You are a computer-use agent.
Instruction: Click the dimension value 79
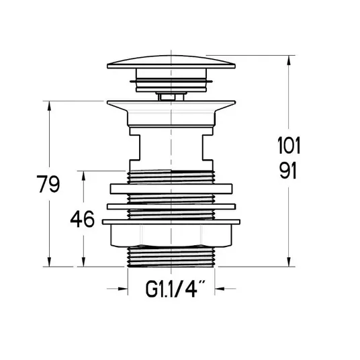tap(48, 184)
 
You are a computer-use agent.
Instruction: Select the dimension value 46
tap(82, 219)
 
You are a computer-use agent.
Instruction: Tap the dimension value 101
tap(289, 145)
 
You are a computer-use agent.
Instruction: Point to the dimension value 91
tap(288, 171)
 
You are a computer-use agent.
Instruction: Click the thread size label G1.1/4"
tap(175, 289)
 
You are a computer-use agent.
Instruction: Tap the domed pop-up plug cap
tap(171, 62)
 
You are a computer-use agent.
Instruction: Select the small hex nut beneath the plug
tap(171, 96)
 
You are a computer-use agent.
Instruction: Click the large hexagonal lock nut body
tap(171, 236)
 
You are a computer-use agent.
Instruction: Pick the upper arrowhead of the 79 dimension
tap(49, 106)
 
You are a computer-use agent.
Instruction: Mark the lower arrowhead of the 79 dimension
tap(49, 261)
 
